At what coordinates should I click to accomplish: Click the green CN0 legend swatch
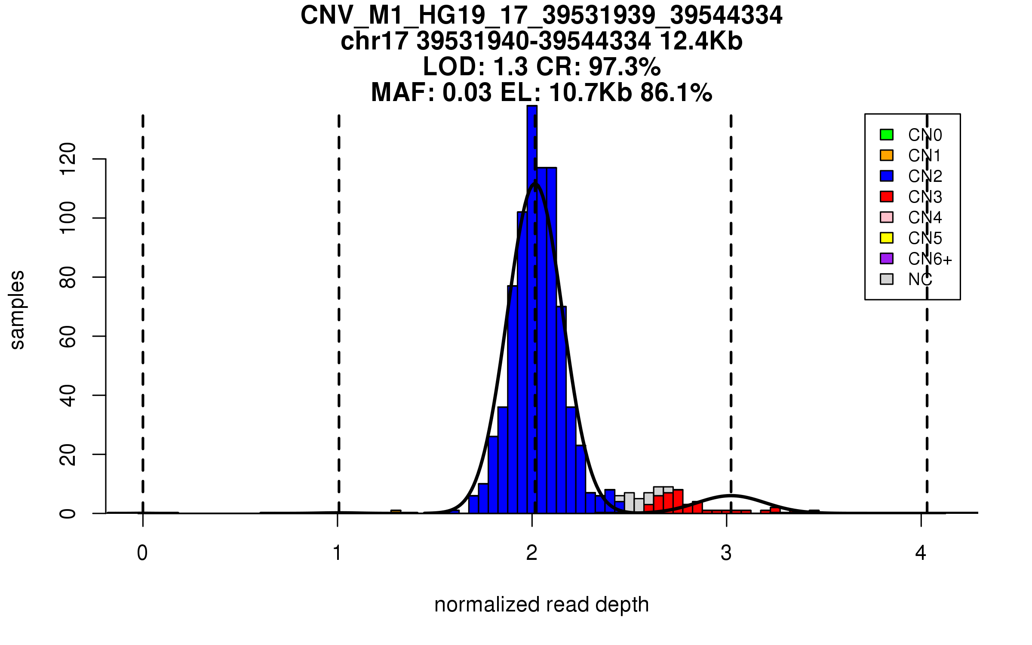click(887, 135)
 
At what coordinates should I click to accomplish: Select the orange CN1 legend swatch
click(887, 155)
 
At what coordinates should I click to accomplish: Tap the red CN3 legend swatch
click(887, 197)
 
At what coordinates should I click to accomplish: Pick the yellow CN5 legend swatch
click(887, 238)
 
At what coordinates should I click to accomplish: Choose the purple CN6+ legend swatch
click(887, 258)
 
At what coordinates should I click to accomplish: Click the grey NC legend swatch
click(887, 279)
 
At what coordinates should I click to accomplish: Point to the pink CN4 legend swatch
click(887, 217)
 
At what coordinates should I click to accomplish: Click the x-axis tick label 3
click(726, 553)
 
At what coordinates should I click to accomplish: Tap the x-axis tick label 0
click(142, 553)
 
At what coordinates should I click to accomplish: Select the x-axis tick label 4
click(921, 553)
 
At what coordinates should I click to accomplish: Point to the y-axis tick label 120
click(68, 159)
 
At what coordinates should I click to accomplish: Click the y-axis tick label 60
click(68, 336)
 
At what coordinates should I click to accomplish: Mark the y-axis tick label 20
click(68, 455)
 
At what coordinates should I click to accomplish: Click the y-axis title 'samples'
click(17, 310)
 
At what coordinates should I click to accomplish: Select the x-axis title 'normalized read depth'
click(541, 605)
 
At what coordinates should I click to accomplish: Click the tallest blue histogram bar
click(532, 301)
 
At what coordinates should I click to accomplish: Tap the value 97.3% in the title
click(624, 67)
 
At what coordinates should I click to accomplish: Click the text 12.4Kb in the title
click(701, 41)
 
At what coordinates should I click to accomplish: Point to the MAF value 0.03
click(467, 92)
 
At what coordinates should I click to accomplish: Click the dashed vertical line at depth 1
click(339, 301)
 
